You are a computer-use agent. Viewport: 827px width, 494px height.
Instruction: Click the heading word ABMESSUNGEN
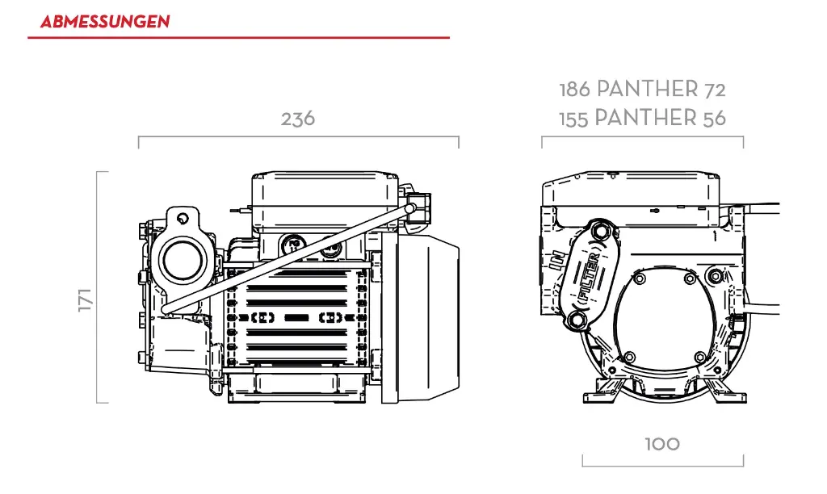coord(105,22)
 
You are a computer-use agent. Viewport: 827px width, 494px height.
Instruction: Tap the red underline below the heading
coord(238,38)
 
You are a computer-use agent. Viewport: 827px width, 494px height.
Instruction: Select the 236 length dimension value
coord(297,119)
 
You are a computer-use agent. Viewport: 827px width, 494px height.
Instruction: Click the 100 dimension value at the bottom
coord(662,444)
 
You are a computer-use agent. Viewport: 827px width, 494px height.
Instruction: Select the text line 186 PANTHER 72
coord(642,89)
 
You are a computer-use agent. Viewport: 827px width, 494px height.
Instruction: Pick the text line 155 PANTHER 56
coord(642,119)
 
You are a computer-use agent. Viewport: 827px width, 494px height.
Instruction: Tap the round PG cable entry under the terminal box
coord(295,243)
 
